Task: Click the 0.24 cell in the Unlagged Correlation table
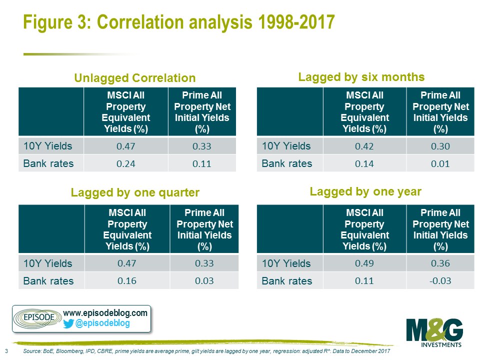pos(126,164)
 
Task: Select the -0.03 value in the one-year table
pos(440,280)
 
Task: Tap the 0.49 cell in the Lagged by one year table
pos(364,263)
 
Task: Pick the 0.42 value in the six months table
pos(364,146)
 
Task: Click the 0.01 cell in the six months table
pos(440,164)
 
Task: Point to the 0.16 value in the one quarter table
pos(127,280)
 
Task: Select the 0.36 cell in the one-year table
pos(440,263)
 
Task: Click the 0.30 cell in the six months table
pos(440,146)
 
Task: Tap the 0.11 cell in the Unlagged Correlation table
pos(201,164)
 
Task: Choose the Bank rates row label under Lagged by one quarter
pos(48,281)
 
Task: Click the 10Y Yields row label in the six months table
pos(286,146)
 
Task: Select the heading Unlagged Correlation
pos(134,78)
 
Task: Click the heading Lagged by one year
pos(365,192)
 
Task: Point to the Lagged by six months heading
pos(361,77)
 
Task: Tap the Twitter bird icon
pos(68,323)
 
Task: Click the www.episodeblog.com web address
pos(105,313)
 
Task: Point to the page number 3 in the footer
pos(6,351)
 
